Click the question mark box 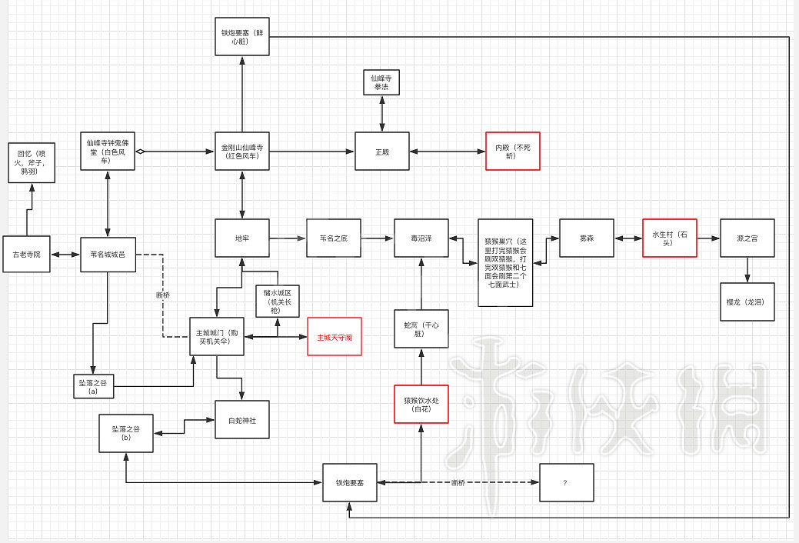click(566, 483)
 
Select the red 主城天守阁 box click(335, 337)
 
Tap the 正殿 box click(381, 152)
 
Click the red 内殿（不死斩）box click(513, 151)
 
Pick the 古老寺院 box click(27, 255)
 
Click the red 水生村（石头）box click(669, 238)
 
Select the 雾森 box click(586, 238)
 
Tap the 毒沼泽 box click(421, 238)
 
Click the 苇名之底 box click(334, 238)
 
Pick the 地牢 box click(242, 238)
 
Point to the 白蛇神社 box click(242, 419)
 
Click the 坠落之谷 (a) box click(92, 385)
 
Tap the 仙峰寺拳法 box click(382, 82)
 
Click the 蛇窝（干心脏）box click(421, 329)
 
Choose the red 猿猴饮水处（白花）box click(421, 405)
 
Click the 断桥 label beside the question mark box click(458, 483)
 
